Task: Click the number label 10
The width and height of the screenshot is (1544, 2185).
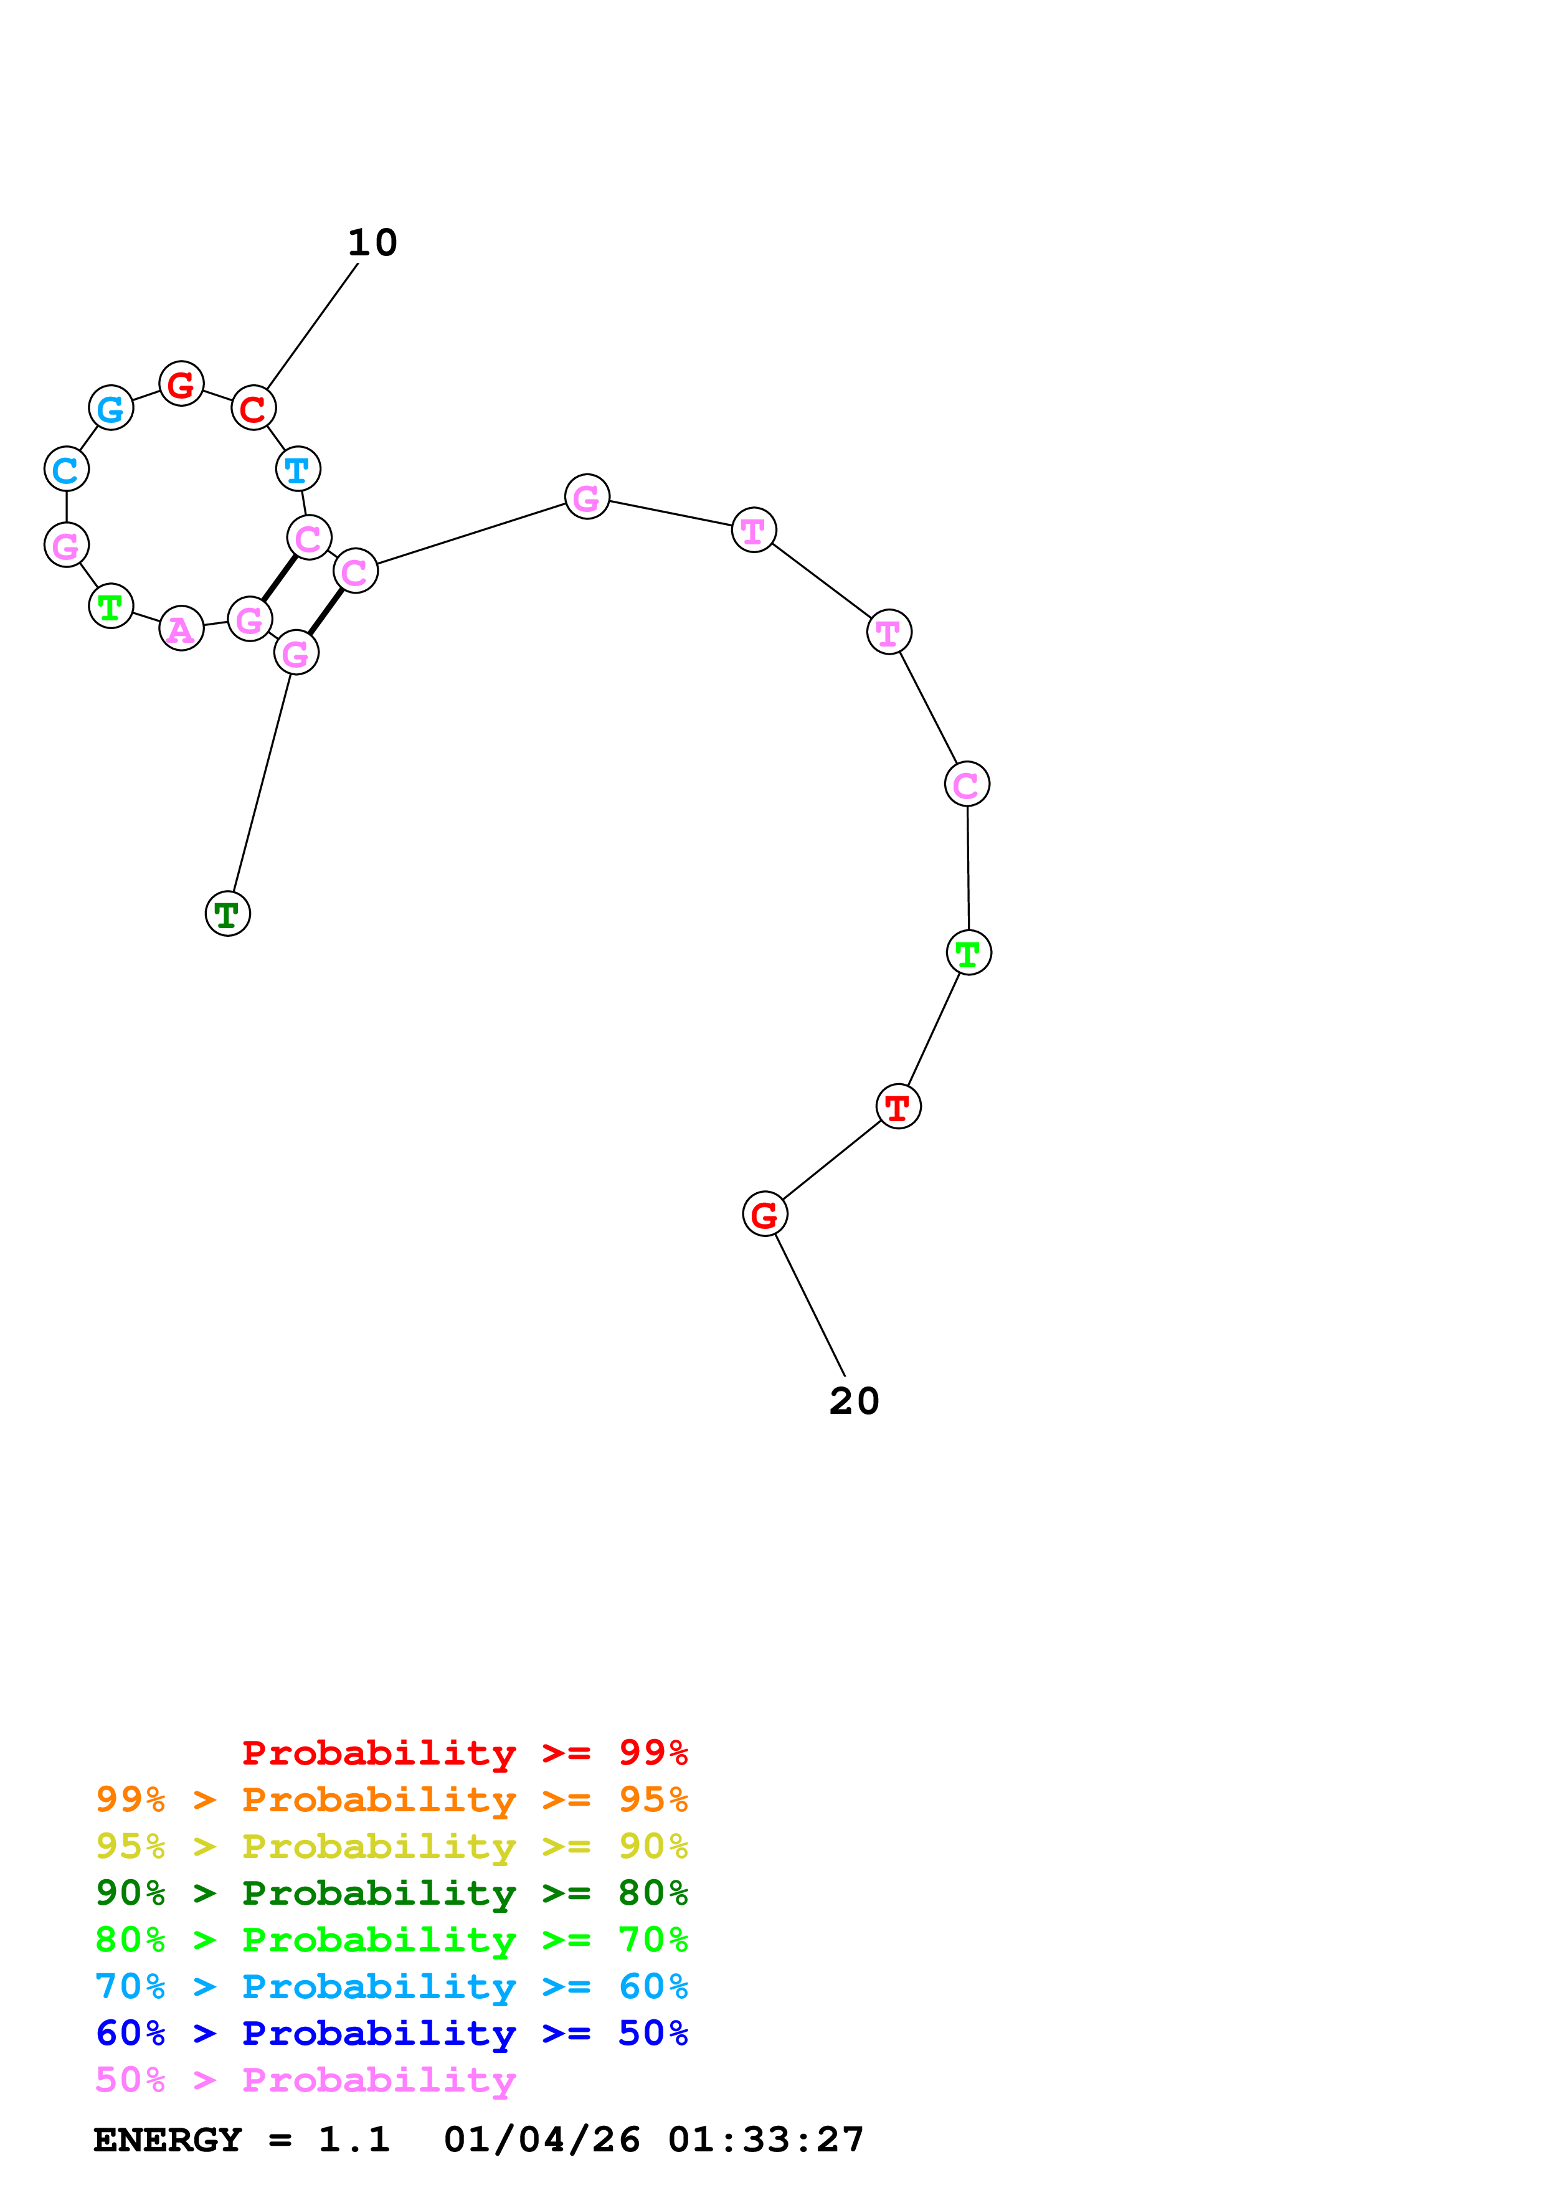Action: click(x=372, y=243)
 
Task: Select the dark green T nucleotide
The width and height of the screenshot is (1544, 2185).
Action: click(x=227, y=914)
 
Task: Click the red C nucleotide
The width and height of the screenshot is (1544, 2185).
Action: click(x=253, y=408)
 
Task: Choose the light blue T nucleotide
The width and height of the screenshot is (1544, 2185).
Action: click(x=298, y=469)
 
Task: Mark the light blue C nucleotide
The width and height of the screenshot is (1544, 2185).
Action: click(x=67, y=469)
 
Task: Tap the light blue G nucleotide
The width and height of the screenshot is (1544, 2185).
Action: click(x=111, y=408)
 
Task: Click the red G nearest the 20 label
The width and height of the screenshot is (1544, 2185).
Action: click(x=765, y=1215)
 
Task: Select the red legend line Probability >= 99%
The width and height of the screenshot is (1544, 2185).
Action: click(x=464, y=1752)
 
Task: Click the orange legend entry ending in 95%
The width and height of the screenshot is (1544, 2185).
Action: click(x=391, y=1799)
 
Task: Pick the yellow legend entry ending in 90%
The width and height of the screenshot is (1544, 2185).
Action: click(x=391, y=1846)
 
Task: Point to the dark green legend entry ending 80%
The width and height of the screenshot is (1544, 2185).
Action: click(x=391, y=1893)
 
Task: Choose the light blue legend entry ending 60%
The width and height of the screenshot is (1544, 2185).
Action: click(x=391, y=1986)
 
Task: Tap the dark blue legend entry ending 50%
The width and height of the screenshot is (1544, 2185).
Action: click(x=391, y=2033)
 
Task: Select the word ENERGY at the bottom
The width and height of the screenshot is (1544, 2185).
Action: click(x=168, y=2140)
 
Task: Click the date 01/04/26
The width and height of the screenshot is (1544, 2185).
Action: click(x=541, y=2140)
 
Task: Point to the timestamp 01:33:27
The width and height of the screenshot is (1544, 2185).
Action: click(x=766, y=2140)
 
